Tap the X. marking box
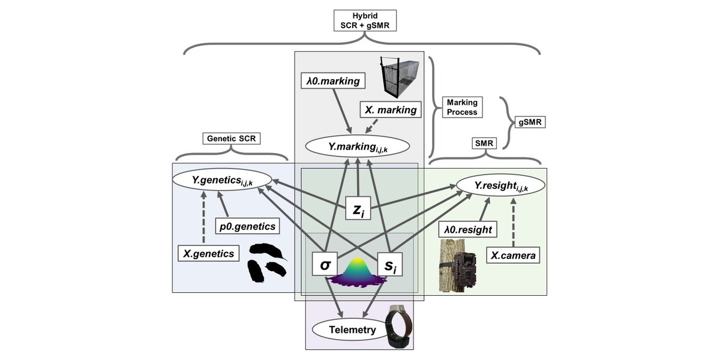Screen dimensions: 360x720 click(389, 110)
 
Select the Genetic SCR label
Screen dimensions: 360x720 click(230, 139)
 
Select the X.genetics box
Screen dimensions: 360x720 click(209, 254)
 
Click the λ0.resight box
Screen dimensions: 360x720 click(468, 229)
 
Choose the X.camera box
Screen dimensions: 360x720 click(511, 255)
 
